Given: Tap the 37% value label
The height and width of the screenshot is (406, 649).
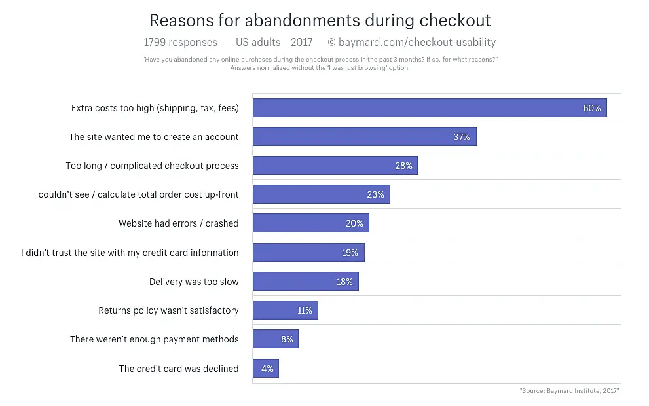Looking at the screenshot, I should pos(462,137).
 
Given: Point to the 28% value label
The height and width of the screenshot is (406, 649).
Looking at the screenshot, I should pos(403,166).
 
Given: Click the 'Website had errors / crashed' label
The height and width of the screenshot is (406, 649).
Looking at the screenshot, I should pos(178,223).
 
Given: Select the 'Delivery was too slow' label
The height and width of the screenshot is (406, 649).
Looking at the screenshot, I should pos(194,282).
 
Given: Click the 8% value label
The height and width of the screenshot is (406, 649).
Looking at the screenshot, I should pos(287,339).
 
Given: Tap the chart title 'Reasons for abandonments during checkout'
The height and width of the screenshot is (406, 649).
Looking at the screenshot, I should pos(320,20).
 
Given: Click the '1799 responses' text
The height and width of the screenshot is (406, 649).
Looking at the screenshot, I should pos(180,42).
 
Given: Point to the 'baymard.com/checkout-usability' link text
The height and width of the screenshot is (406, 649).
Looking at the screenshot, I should pos(417,42).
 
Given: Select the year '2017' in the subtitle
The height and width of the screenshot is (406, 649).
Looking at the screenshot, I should pos(301,42).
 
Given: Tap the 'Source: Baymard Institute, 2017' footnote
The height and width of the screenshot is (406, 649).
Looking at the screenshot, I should pos(569,391).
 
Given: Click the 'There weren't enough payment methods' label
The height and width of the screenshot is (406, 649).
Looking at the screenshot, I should pos(155,339).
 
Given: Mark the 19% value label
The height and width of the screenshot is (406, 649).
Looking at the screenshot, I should pos(350,253).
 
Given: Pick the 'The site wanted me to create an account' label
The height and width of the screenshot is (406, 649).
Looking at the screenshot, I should pos(154,137).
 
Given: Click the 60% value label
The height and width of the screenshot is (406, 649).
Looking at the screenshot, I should pos(592,108).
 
